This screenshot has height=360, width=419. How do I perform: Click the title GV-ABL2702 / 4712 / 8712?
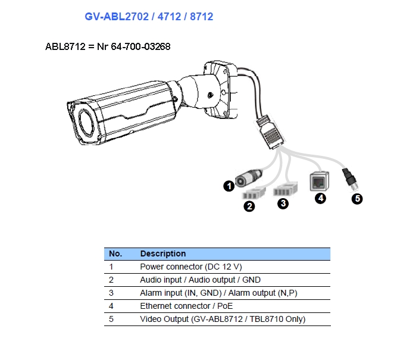tap(149, 17)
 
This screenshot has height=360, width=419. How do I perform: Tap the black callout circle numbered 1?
tap(229, 186)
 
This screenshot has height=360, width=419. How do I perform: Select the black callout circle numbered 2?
tap(249, 206)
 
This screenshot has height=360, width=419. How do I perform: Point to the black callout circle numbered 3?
tap(283, 204)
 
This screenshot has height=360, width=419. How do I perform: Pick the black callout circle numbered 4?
tap(321, 198)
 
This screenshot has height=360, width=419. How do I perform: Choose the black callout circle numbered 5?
tap(357, 199)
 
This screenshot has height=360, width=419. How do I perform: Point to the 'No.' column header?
tap(115, 253)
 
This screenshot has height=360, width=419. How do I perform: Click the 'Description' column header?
tap(163, 253)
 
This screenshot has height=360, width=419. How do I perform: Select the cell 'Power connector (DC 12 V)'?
tap(191, 267)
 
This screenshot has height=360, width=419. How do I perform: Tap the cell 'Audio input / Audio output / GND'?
tap(200, 280)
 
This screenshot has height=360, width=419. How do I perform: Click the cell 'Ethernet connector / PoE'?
tap(186, 306)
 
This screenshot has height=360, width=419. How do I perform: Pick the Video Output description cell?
tap(223, 319)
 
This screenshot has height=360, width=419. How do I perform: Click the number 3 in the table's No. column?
tap(111, 293)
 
